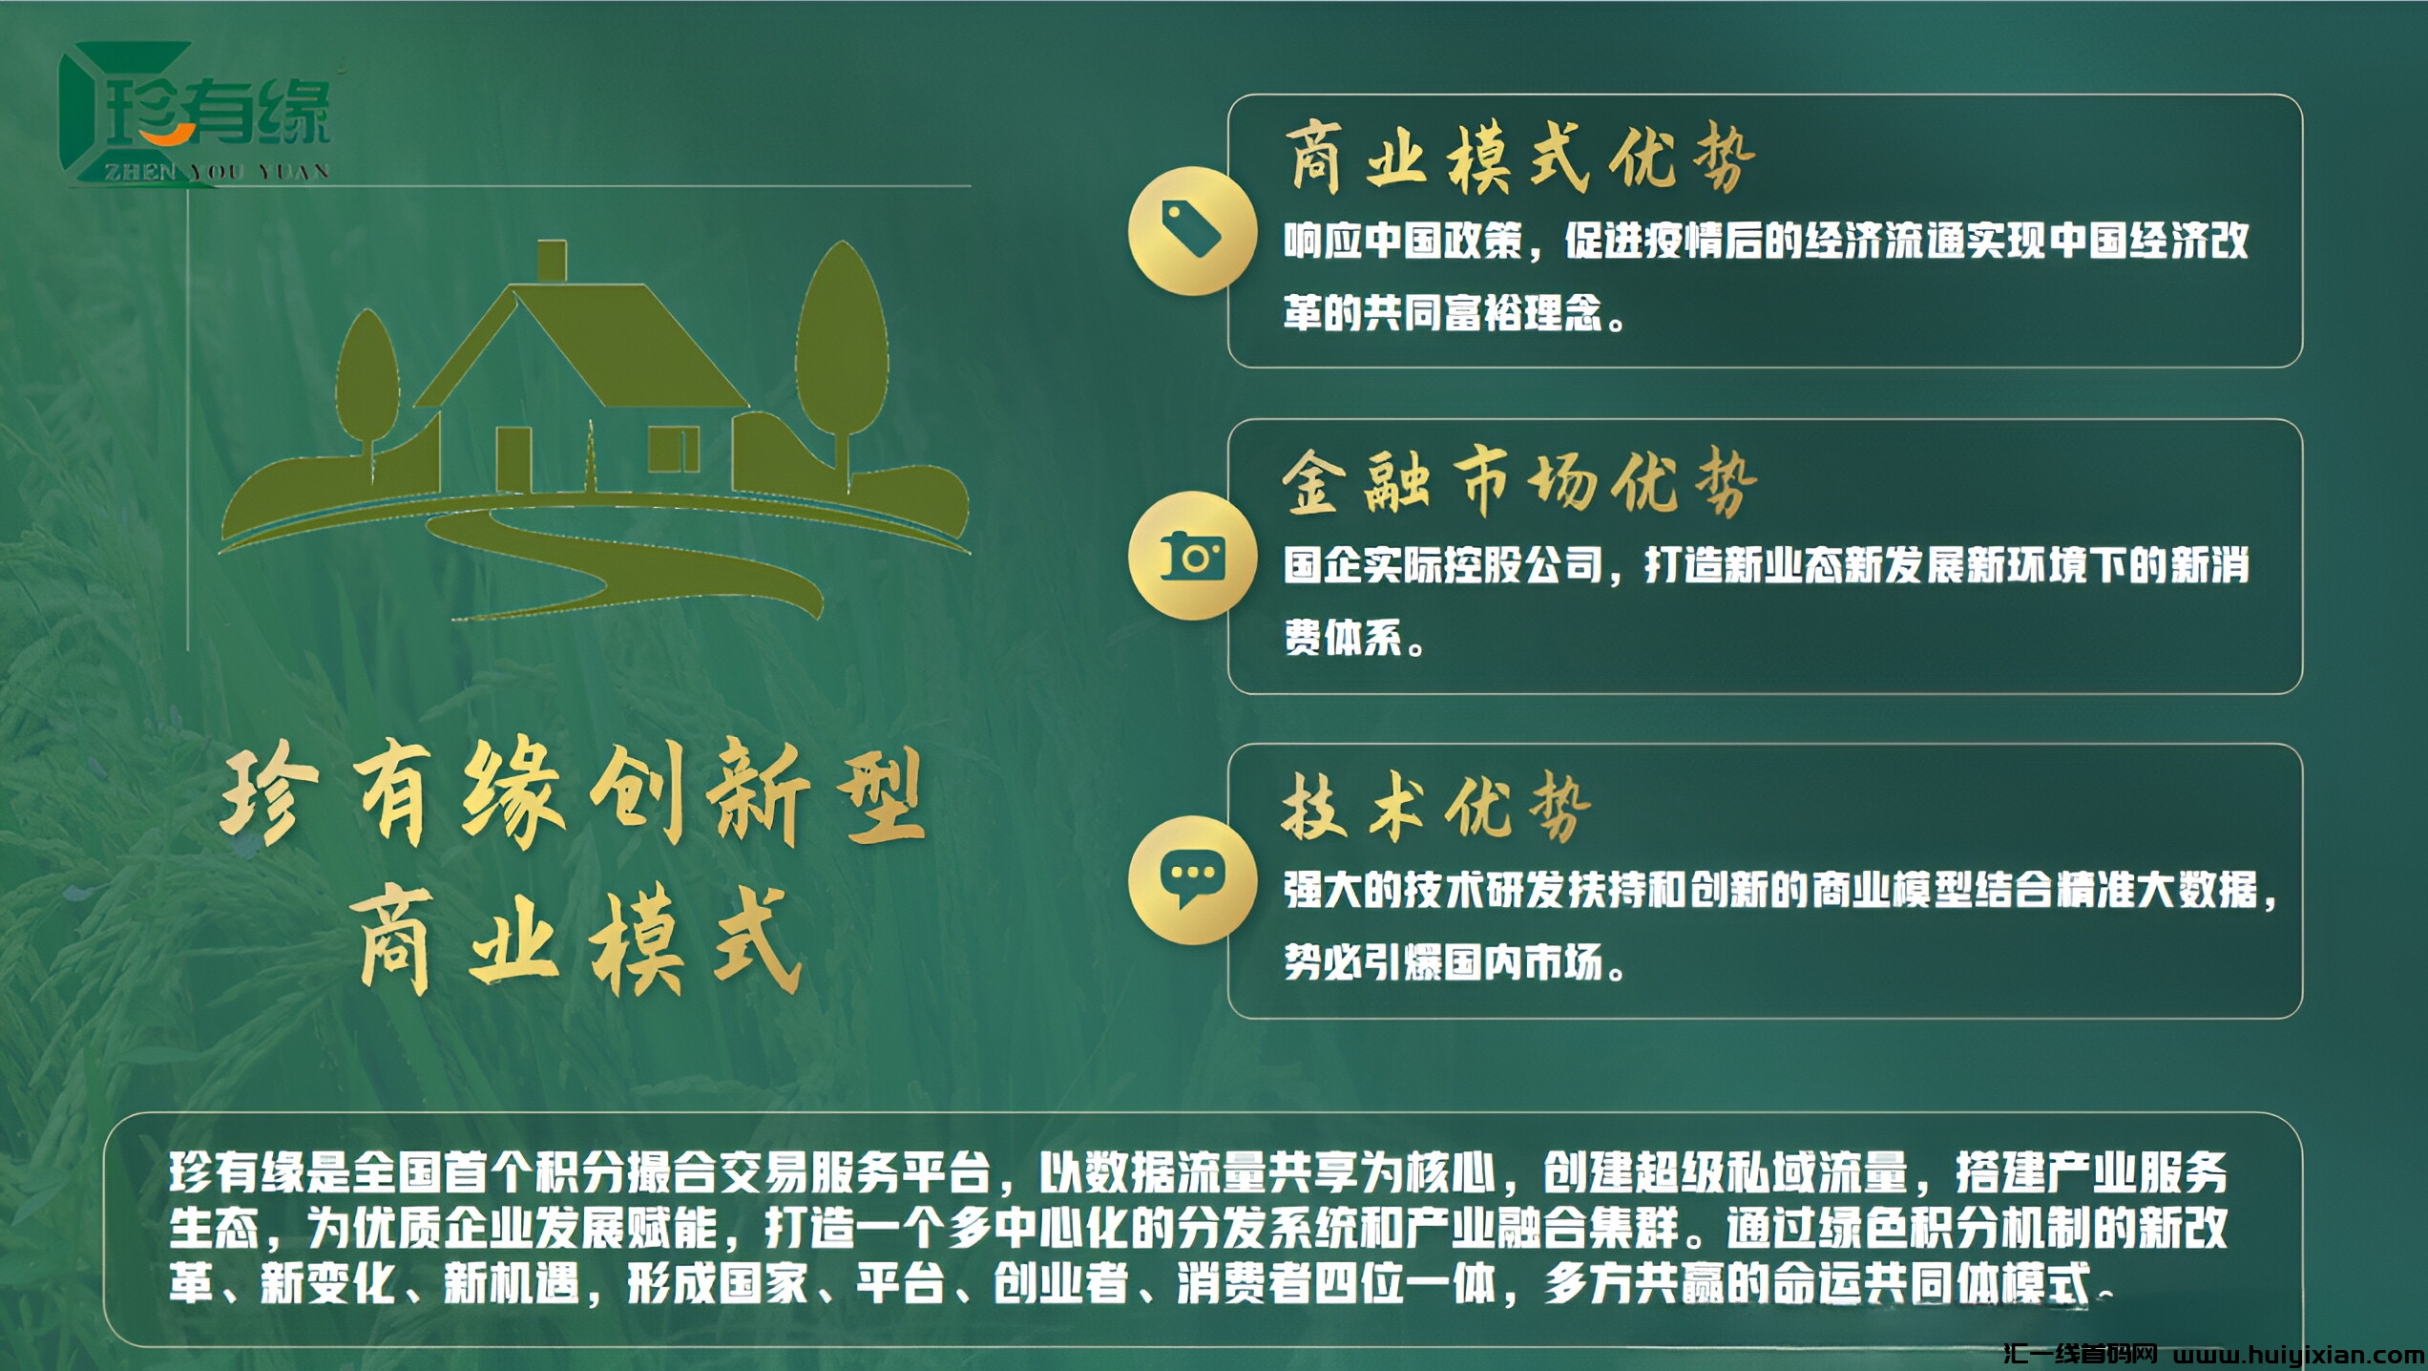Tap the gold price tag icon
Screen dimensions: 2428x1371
click(1192, 229)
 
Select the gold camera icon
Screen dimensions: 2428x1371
click(1192, 556)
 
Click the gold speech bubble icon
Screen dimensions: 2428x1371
click(1192, 880)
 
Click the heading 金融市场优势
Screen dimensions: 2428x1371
click(1521, 483)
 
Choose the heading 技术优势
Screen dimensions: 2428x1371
click(1437, 808)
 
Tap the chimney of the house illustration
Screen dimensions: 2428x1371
click(552, 262)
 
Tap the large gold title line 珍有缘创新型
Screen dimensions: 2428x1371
click(573, 794)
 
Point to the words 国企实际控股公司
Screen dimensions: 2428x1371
click(1443, 566)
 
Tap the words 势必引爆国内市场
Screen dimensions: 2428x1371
click(1443, 963)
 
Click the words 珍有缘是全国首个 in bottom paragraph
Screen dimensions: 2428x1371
click(329, 1173)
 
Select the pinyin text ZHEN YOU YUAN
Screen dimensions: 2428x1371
click(217, 172)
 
